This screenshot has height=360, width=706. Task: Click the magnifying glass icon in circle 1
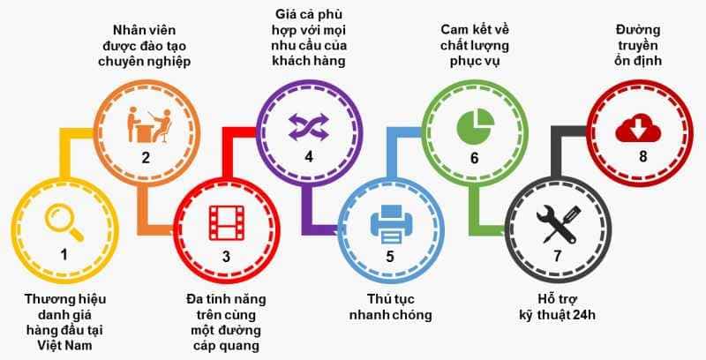point(64,221)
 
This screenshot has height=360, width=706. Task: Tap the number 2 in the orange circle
point(146,158)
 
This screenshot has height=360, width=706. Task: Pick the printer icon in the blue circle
point(389,222)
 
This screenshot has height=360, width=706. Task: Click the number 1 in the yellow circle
point(64,255)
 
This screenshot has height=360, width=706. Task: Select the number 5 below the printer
point(389,257)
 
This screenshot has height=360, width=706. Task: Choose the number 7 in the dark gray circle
point(557,257)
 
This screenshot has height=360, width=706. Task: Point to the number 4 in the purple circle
point(308,158)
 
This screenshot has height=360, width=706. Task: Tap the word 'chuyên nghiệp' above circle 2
point(146,62)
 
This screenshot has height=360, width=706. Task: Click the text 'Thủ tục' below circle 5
point(389,297)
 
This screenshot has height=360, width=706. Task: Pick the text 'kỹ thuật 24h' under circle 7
point(558,313)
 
